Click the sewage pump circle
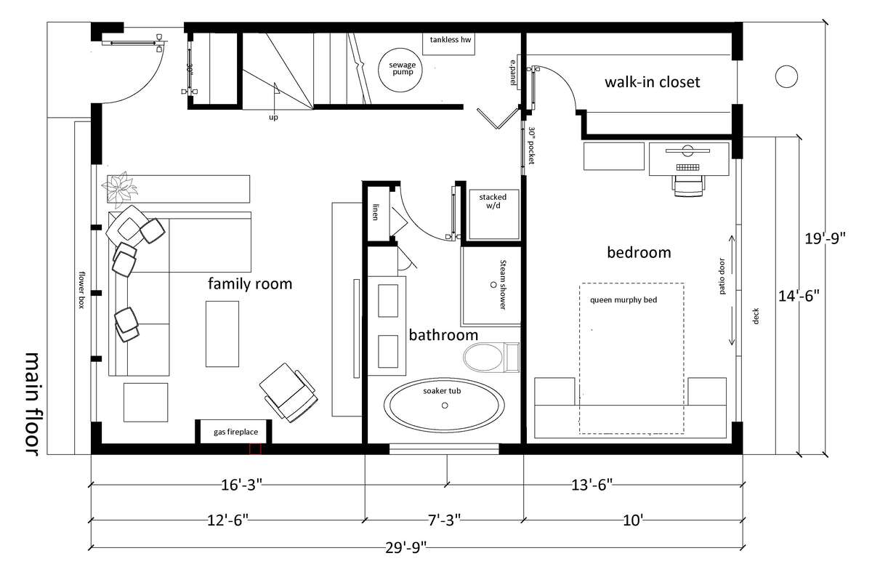point(400,70)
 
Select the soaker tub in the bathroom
point(444,405)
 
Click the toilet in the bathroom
point(491,358)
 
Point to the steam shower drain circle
point(493,284)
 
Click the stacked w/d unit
point(494,214)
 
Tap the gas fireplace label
point(235,432)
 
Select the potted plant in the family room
point(120,189)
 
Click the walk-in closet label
point(652,82)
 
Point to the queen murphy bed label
point(623,300)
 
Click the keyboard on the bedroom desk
point(688,167)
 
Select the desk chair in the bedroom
point(688,186)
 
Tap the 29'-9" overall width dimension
point(406,548)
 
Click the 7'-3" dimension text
point(444,520)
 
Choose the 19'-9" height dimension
point(825,238)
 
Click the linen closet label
point(375,212)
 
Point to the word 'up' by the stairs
point(273,117)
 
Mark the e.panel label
point(514,73)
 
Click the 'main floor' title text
point(32,403)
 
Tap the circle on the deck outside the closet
point(786,76)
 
